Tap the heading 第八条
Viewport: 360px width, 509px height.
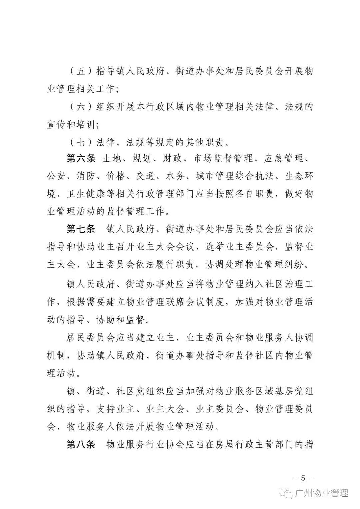81,444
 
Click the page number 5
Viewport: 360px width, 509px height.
303,478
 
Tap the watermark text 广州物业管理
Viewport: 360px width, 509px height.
322,493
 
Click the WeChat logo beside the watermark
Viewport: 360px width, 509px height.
287,493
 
